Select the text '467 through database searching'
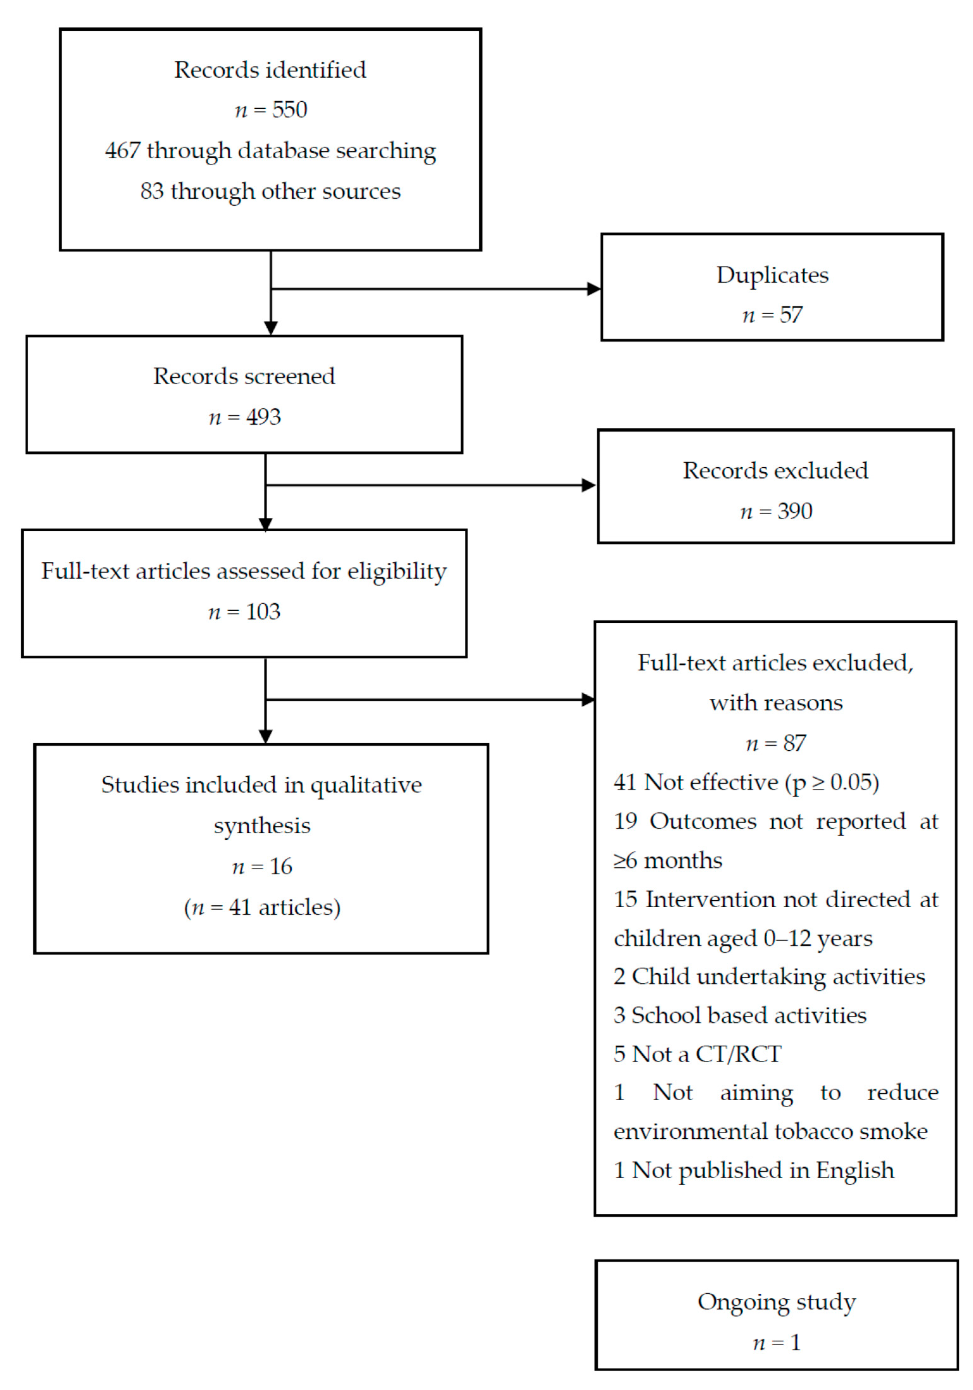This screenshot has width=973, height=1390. pyautogui.click(x=270, y=151)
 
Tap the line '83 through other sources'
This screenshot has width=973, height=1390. pyautogui.click(x=270, y=191)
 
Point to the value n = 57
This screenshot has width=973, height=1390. pyautogui.click(x=772, y=315)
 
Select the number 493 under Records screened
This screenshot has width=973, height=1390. pyautogui.click(x=263, y=417)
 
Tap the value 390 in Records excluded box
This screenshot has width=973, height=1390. pyautogui.click(x=794, y=511)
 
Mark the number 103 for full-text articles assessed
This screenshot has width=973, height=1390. pyautogui.click(x=263, y=612)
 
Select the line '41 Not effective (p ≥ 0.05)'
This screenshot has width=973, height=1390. pyautogui.click(x=746, y=782)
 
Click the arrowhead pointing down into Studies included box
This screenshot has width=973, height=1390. pyautogui.click(x=265, y=736)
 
